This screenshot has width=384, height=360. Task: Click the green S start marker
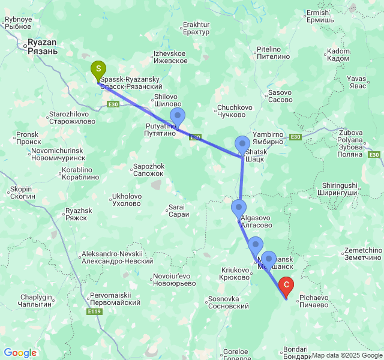97,69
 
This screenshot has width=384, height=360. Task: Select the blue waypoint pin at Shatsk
242,145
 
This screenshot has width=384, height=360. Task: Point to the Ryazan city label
42,47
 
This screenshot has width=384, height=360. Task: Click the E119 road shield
94,312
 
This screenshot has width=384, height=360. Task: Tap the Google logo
20,353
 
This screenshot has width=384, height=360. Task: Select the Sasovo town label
280,96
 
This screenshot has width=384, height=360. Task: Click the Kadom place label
339,55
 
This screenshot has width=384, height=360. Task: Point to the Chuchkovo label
231,111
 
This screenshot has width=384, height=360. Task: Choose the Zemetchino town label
364,254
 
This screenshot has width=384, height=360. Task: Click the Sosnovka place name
227,302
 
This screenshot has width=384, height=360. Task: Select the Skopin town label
21,193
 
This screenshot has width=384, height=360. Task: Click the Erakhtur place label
196,28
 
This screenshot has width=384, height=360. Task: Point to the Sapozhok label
148,169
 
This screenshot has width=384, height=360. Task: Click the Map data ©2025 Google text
347,355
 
